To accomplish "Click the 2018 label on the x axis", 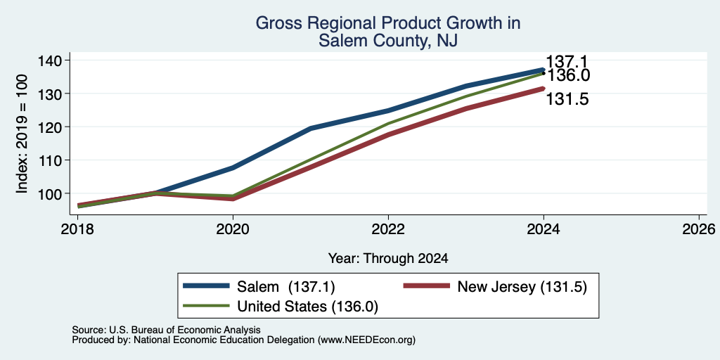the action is [77, 229].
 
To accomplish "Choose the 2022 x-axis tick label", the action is [388, 229].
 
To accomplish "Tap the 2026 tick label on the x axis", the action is [699, 229].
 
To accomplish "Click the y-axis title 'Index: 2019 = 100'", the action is [22, 134].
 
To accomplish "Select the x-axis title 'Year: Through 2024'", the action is [388, 259].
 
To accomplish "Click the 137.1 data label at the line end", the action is [567, 62].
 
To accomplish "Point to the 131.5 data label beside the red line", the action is [567, 99].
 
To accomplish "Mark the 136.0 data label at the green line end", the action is [567, 75].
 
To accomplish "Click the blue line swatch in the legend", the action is [206, 286].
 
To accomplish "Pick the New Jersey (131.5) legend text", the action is [522, 287].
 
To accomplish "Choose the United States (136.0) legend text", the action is [308, 307].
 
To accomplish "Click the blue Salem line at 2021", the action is [311, 128].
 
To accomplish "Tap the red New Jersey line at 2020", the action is [233, 198].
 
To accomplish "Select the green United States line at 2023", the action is [466, 96].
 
